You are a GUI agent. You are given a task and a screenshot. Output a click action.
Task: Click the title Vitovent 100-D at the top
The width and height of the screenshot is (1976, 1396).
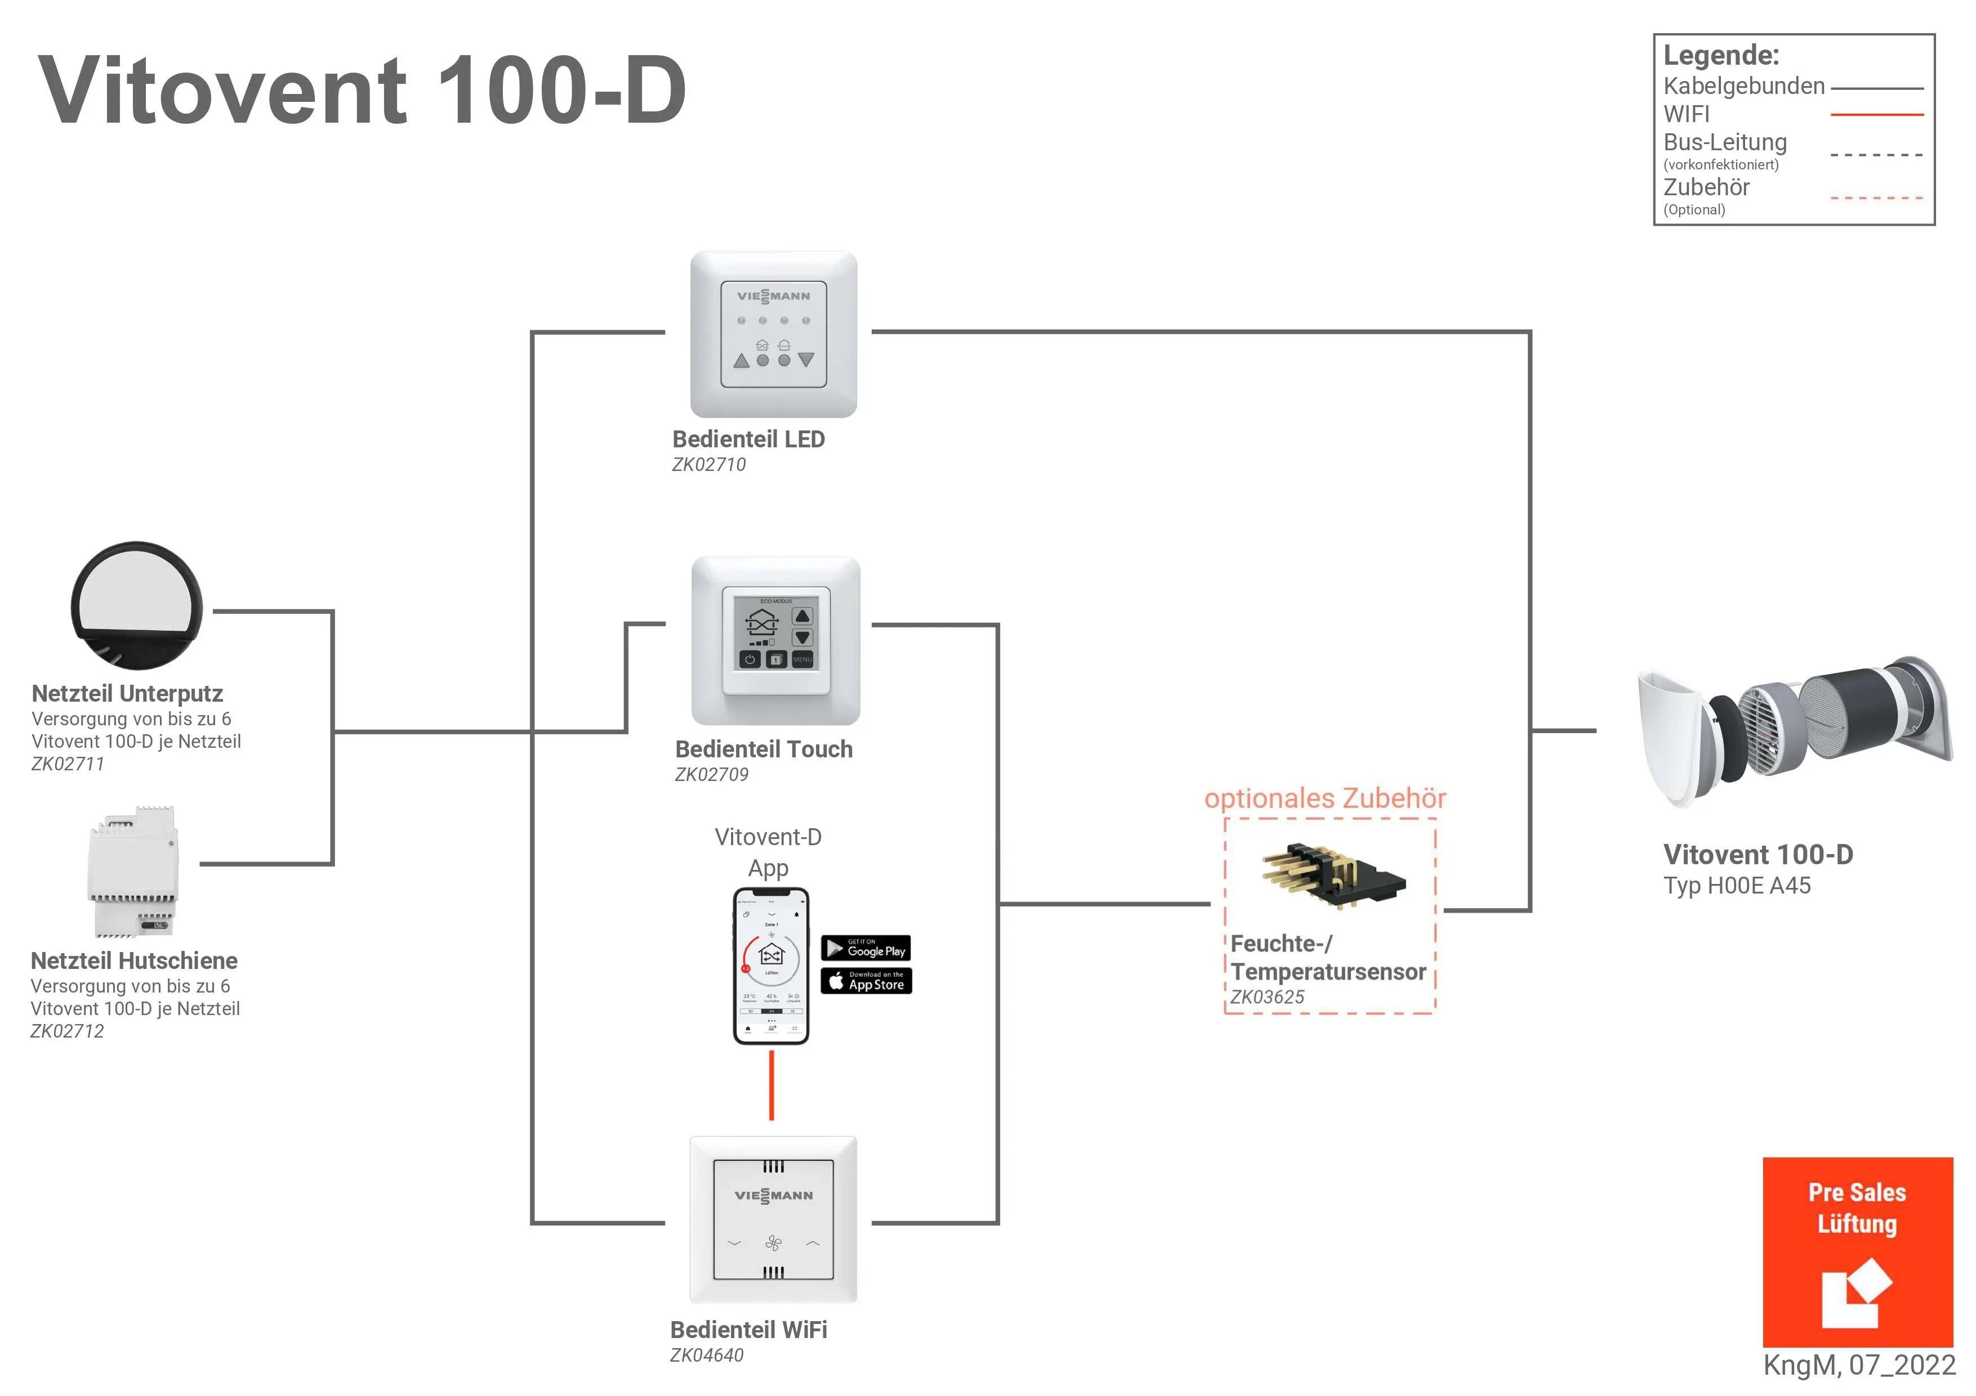[x=362, y=91]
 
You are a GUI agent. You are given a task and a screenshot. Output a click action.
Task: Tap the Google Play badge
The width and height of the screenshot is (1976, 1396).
[x=866, y=948]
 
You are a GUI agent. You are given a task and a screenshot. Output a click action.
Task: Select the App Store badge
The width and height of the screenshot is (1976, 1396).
[x=866, y=981]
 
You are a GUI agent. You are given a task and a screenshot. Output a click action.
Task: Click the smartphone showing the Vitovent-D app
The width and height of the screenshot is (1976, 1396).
[x=770, y=966]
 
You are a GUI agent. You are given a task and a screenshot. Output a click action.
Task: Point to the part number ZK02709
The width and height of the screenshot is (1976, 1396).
[x=711, y=775]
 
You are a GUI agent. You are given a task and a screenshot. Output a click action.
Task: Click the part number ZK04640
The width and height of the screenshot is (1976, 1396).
[x=707, y=1355]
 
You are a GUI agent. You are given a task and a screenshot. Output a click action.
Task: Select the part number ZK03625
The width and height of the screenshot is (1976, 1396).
[x=1267, y=998]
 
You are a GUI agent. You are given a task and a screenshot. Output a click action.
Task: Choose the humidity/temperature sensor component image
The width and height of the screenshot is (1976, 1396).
[x=1332, y=876]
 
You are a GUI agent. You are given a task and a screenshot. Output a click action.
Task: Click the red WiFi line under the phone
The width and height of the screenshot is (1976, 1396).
[x=771, y=1085]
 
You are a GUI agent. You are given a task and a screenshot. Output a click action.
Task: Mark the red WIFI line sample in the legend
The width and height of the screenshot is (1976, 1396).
[x=1876, y=114]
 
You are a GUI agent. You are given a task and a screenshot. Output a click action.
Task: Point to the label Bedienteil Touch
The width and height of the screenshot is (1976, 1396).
[x=764, y=749]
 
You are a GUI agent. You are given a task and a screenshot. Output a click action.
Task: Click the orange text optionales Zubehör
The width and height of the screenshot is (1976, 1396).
[x=1324, y=798]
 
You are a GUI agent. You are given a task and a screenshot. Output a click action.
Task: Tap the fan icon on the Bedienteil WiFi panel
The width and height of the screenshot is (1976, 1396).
[x=773, y=1243]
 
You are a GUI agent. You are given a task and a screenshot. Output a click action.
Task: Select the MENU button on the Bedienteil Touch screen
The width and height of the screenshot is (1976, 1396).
[x=802, y=659]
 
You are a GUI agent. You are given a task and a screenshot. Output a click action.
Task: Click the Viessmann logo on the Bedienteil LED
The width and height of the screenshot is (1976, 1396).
[x=773, y=297]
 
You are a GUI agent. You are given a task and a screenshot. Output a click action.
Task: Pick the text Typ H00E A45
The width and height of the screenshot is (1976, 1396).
[x=1737, y=886]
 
